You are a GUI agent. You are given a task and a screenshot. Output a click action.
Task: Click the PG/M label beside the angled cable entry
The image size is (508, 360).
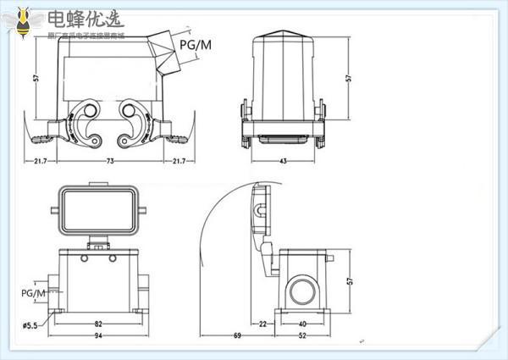point(196,44)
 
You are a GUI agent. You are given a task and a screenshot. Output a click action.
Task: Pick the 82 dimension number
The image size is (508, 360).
point(98,324)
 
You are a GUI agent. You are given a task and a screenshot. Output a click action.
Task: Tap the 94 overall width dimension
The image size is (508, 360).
point(98,338)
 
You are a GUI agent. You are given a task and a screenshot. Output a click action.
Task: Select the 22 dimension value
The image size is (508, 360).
point(262,324)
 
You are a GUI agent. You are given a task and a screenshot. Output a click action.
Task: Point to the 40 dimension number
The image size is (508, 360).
point(303,324)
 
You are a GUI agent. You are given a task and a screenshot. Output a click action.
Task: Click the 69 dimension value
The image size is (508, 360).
point(237,338)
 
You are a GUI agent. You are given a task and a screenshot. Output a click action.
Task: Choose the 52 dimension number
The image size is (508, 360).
point(303,338)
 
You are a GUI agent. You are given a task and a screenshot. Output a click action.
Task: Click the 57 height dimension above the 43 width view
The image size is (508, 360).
point(350,78)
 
